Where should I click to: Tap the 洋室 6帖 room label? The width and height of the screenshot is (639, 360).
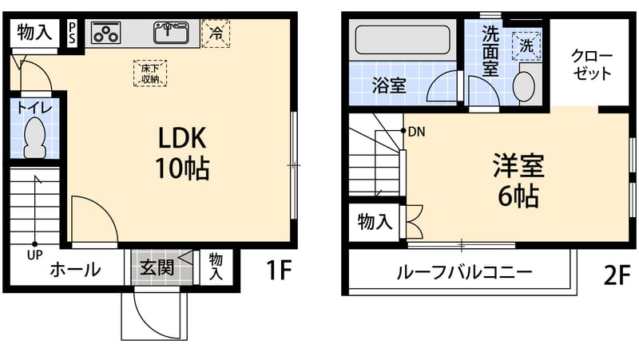coord(518,180)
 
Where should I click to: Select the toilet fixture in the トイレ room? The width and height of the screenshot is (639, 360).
coord(34,138)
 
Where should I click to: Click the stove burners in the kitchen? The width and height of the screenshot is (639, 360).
coord(106,34)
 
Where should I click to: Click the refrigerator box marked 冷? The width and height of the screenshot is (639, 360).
coord(216,34)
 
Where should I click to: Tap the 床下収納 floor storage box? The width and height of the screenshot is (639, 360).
coord(149,73)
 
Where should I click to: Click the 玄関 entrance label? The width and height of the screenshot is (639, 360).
coord(157,267)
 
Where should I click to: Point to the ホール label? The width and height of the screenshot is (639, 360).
coord(75,270)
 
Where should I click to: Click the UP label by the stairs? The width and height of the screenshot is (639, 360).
coord(34,255)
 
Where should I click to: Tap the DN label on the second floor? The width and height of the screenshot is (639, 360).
coord(416,132)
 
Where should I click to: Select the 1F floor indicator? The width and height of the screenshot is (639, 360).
coord(279,271)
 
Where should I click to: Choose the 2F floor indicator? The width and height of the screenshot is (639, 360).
coord(617,275)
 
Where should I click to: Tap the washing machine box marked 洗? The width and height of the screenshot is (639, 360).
coord(526,45)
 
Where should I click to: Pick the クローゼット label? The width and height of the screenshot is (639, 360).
coord(591,65)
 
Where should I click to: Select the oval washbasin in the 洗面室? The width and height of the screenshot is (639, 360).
coord(523,86)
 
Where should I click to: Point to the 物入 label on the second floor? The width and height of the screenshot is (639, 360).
coord(375,222)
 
